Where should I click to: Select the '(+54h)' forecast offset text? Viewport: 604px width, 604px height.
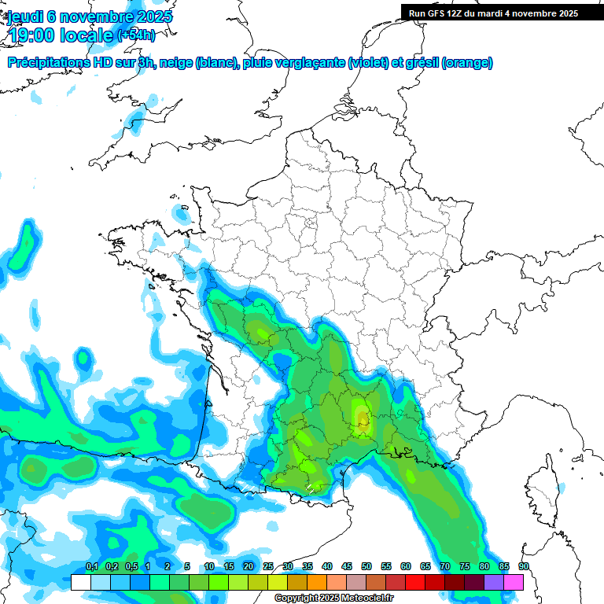[x=135, y=35]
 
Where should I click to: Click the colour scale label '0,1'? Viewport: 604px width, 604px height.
[x=91, y=567]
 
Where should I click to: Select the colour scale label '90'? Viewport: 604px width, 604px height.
[x=523, y=567]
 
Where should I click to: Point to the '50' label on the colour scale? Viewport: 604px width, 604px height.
[x=366, y=567]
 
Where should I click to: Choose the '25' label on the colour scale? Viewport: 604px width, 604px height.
[x=268, y=567]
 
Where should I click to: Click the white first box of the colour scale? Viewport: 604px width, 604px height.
[x=80, y=582]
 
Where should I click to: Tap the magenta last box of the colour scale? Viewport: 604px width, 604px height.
[x=514, y=582]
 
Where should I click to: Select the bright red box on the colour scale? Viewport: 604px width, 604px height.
[x=415, y=582]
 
